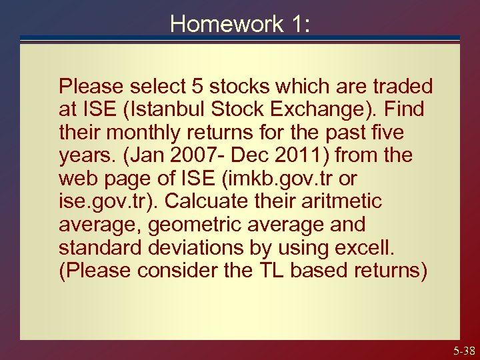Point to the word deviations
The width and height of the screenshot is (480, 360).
tap(197, 247)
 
